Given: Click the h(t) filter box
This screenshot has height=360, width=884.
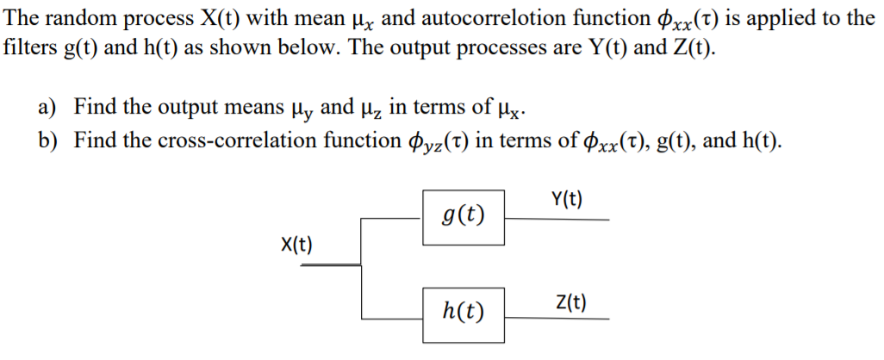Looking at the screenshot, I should pyautogui.click(x=462, y=309).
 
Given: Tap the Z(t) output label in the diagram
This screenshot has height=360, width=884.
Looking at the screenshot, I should pyautogui.click(x=570, y=301).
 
